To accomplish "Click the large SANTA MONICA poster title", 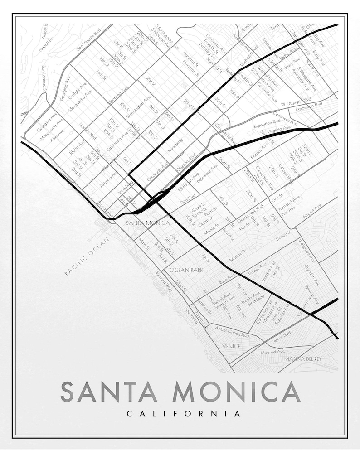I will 180,392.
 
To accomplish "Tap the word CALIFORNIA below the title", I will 183,414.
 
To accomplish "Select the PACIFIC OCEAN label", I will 84,256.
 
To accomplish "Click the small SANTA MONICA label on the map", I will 147,223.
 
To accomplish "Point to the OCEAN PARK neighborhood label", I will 186,270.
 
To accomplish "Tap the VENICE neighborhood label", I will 231,346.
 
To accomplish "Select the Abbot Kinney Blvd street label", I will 232,332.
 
